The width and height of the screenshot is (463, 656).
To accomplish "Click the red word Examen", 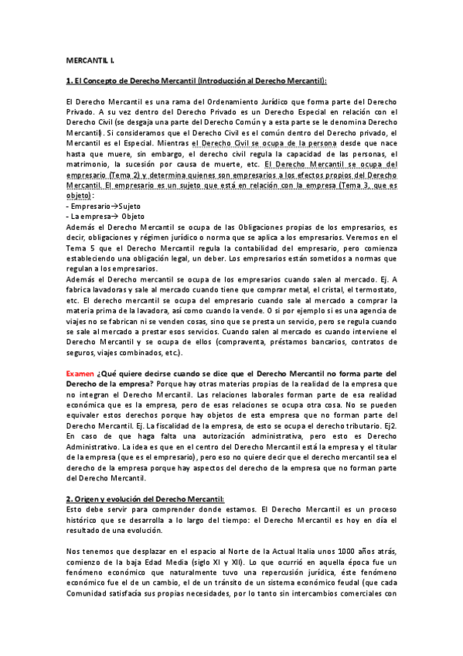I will coord(80,373).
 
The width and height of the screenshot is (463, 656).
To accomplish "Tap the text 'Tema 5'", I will coord(80,249).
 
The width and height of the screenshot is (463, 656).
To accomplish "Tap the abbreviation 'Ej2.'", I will coord(389,425).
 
